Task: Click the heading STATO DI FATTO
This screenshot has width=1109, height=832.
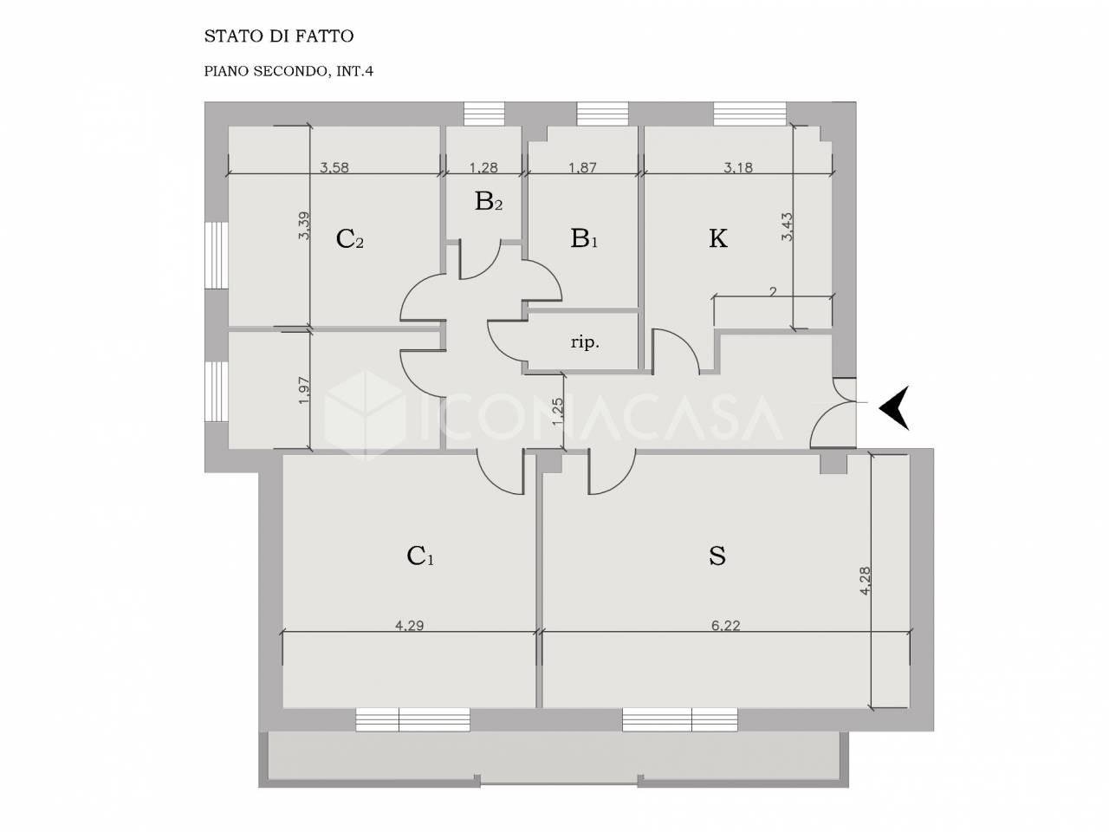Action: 278,36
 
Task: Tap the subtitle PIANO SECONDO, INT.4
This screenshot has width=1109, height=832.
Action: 289,71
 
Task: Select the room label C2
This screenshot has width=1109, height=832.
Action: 350,239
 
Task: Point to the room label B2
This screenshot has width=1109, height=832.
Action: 489,201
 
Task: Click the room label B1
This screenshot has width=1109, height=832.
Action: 584,238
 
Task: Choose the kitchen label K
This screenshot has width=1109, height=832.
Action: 718,238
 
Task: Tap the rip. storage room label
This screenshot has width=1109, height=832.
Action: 585,343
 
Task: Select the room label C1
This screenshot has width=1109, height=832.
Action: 420,556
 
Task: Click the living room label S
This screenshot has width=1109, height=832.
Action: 717,556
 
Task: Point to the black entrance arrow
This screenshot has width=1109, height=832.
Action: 894,407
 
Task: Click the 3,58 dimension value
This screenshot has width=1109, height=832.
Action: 334,167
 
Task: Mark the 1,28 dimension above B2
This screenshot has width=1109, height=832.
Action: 483,167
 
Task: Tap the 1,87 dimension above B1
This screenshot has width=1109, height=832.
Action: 583,167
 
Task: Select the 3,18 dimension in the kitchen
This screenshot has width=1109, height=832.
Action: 738,167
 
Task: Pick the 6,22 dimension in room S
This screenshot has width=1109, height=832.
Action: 725,626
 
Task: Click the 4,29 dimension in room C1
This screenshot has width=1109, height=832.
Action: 409,626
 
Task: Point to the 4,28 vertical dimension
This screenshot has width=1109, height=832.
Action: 865,581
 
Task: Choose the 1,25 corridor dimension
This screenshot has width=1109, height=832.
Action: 557,412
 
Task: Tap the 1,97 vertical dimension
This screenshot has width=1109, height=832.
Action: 303,391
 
